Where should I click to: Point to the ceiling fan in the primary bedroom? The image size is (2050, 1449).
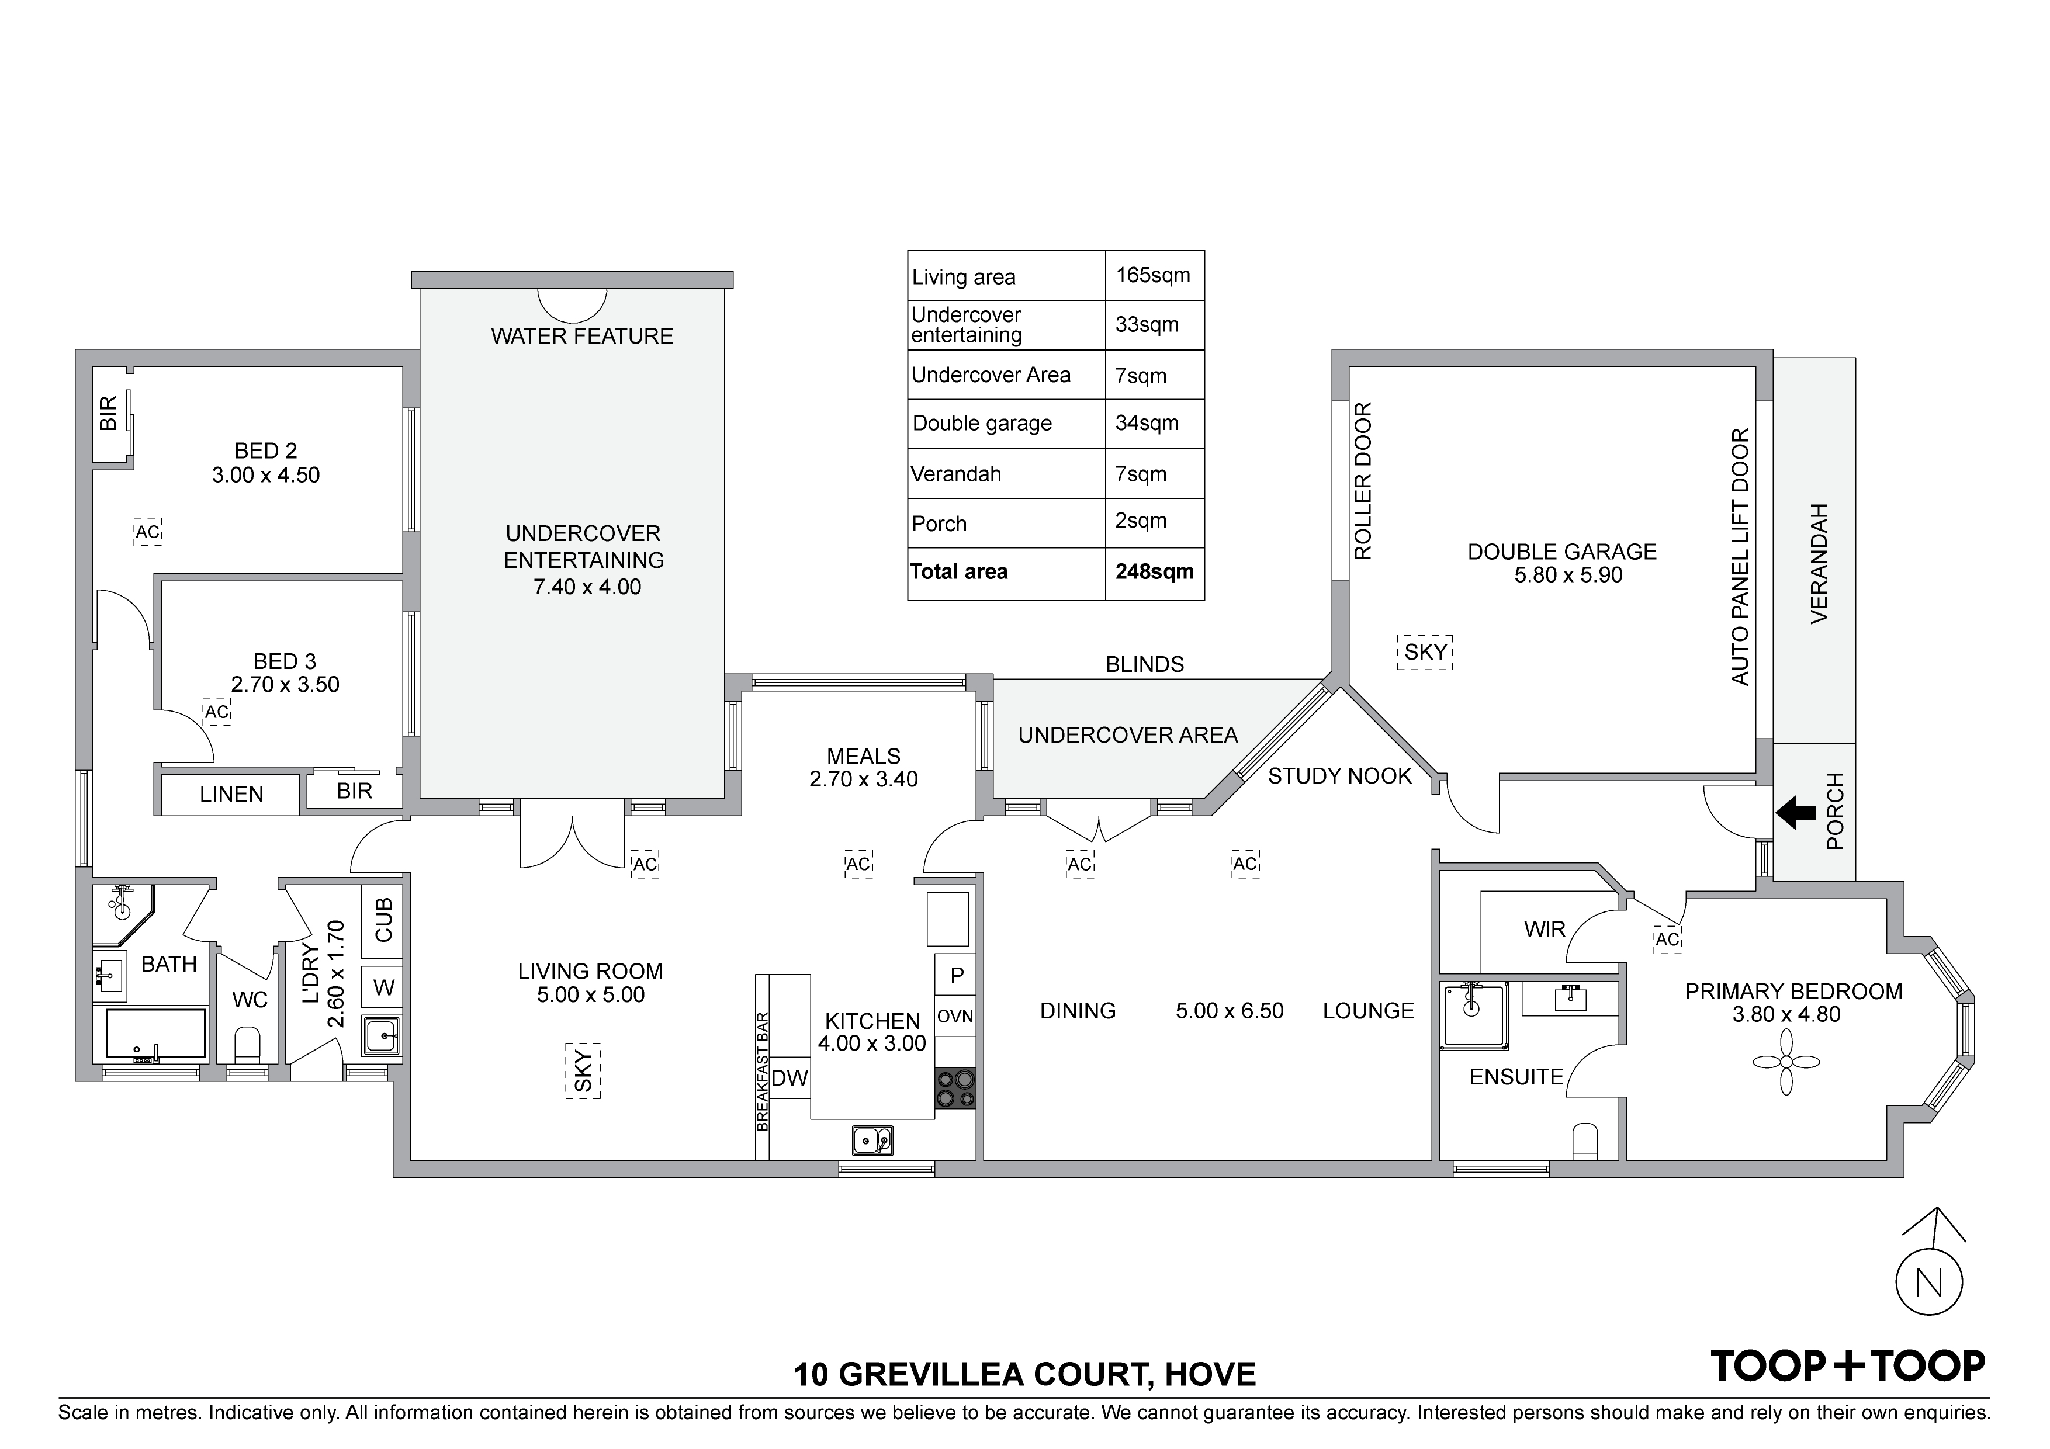(1785, 1062)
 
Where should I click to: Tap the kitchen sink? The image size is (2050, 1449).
(871, 1140)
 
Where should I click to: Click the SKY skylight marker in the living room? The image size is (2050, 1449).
(582, 1070)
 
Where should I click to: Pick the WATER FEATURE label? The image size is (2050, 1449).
(582, 337)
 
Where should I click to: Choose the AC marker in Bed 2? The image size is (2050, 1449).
(147, 533)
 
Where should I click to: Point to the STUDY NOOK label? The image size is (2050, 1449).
(1339, 777)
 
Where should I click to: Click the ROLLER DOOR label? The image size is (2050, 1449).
(1363, 481)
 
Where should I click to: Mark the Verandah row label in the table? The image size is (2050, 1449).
(955, 474)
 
